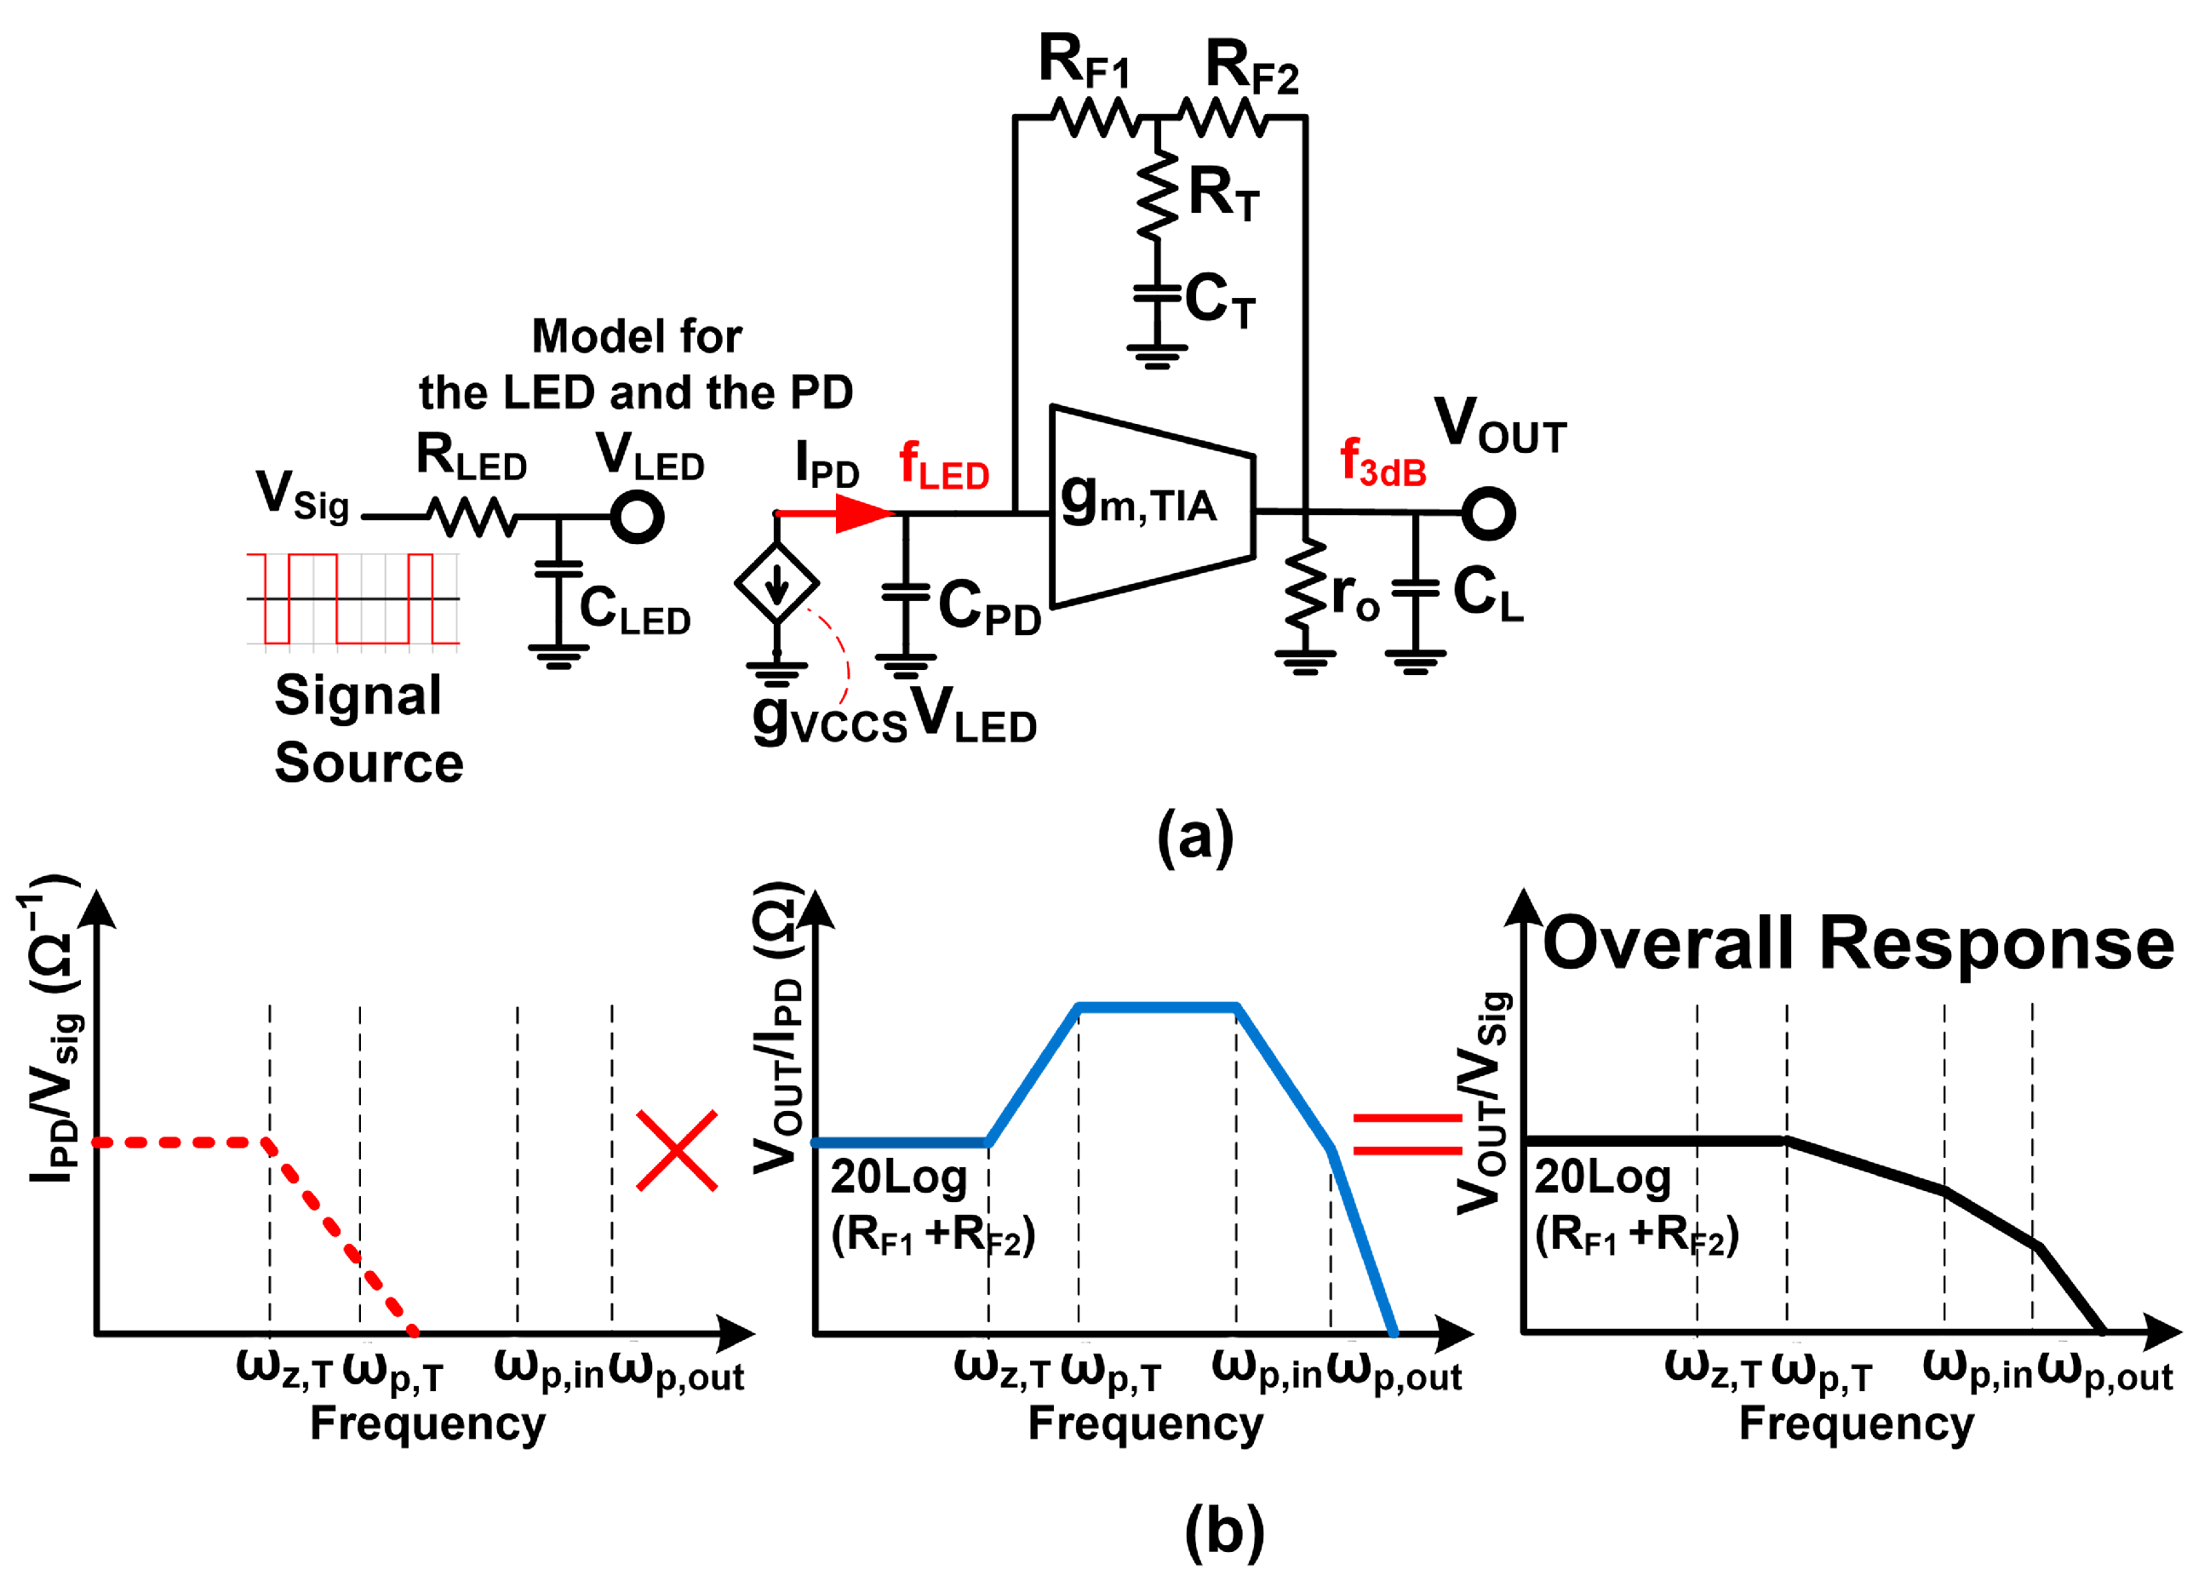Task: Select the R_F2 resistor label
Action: coord(1252,66)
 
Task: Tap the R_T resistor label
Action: coord(1224,193)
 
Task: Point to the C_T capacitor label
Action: coord(1220,299)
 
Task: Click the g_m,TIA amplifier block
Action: coord(1152,507)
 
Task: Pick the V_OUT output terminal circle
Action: coord(1488,513)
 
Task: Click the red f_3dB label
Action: coord(1383,461)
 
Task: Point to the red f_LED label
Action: coord(943,466)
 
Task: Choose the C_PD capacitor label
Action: coord(989,606)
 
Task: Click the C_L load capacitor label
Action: coord(1488,593)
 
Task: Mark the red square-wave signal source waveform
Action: coord(352,598)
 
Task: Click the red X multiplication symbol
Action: coord(678,1151)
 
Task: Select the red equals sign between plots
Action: coord(1407,1134)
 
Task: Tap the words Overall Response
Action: coord(1858,943)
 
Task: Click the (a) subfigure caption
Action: coord(1195,837)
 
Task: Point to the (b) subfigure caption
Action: coord(1225,1532)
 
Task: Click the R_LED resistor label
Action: coord(472,457)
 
